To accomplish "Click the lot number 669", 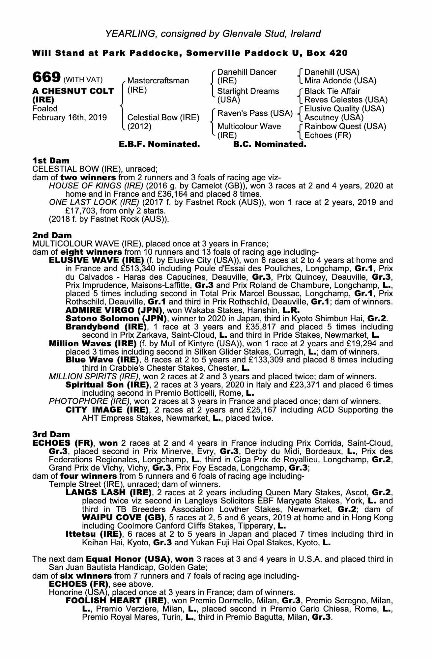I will coord(46,77).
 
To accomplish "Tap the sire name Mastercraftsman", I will coord(158,81).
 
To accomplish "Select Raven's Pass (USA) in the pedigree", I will coord(255,113).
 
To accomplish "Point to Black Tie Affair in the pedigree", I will coord(332,91).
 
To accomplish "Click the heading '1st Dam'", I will coord(51,161).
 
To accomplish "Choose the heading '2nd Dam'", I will coord(52,235).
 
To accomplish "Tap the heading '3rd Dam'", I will coord(51,435).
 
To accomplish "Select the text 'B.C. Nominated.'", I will coord(270,144).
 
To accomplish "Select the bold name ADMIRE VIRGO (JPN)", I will coord(114,310).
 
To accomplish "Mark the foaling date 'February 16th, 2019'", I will coord(70,118).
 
